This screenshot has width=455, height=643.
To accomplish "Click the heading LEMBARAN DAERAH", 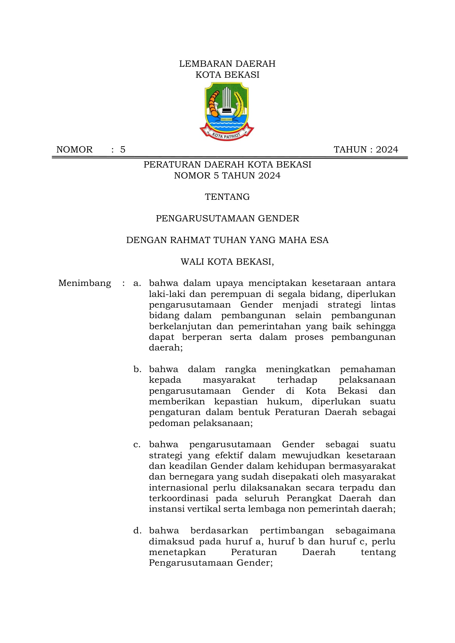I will pos(227,64).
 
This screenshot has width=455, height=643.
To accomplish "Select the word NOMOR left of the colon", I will pos(74,150).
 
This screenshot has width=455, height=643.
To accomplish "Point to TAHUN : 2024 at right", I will pos(366,150).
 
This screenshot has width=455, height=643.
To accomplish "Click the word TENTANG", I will pos(227,197).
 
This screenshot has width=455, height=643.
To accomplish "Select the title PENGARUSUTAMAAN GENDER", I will pos(227,218).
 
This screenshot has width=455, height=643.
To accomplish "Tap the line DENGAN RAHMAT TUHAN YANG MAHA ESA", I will pos(227,240).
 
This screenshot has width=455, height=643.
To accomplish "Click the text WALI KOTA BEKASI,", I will pos(227,262).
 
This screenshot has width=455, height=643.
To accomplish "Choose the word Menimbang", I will pos(85,283).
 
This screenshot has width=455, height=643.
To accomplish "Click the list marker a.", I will pos(137,283).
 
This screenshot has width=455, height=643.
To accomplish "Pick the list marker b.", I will pos(137,369).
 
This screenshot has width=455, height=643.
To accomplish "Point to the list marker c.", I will pos(137,445).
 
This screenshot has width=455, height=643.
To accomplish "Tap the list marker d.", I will pos(137,530).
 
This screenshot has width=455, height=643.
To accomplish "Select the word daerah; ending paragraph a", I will pos(166,348).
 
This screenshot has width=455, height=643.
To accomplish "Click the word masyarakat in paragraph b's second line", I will pos(229,380).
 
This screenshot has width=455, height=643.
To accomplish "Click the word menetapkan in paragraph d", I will pos(177,552).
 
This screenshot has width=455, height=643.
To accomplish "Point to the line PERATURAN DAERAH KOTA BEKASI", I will pos(227,165).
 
